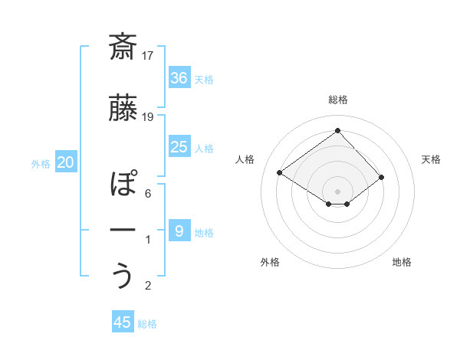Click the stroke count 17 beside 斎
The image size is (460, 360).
(x=149, y=55)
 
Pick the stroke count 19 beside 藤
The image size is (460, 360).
(x=149, y=116)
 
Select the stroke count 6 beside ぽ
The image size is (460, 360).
(x=148, y=193)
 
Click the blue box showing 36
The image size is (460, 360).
(x=179, y=77)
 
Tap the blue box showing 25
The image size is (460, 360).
(x=179, y=147)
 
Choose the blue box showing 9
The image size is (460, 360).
(x=179, y=231)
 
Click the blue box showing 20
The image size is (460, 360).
(x=66, y=162)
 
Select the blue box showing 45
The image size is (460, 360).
(x=122, y=322)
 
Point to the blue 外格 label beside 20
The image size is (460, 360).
(x=41, y=163)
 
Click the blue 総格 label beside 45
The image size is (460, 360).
(x=147, y=324)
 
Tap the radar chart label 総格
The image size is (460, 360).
(x=337, y=100)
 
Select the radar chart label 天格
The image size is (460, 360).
(x=432, y=159)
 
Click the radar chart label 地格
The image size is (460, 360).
(x=402, y=262)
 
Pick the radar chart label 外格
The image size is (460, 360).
(x=270, y=262)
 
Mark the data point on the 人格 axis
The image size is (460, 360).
(x=280, y=173)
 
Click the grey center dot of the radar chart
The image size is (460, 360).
(x=337, y=190)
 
